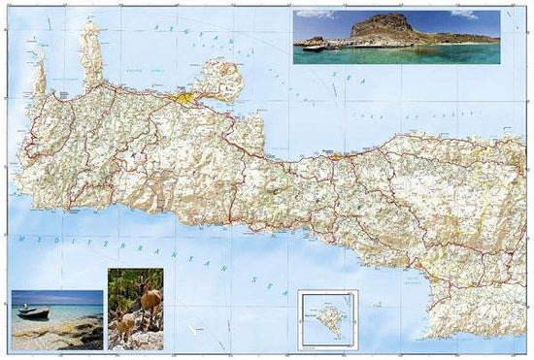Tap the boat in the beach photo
33,312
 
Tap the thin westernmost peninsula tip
39,78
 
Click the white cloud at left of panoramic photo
315,15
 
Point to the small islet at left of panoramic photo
313,44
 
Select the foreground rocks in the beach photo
58,335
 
